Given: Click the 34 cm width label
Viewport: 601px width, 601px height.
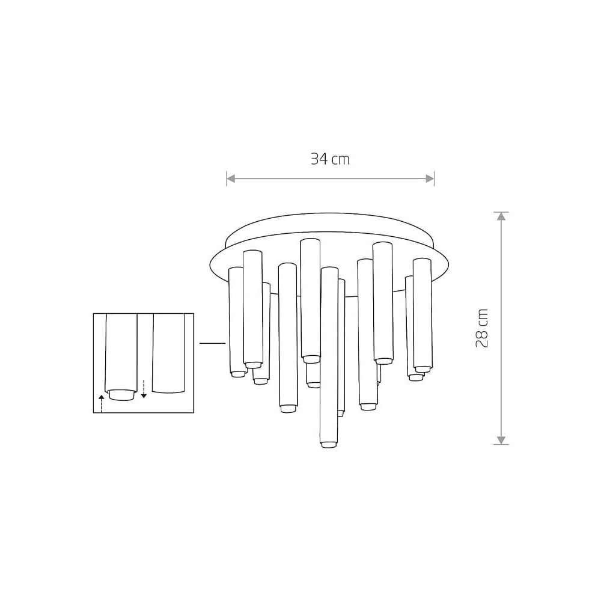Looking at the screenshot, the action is coord(330,159).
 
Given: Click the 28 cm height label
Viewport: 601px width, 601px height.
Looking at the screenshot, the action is coord(482,328).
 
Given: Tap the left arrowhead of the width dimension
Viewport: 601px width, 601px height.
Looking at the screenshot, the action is coord(231,178).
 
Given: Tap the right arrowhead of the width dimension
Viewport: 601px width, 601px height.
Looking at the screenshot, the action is coord(430,178).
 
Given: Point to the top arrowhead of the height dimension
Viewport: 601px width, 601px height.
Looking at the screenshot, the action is coord(501,216).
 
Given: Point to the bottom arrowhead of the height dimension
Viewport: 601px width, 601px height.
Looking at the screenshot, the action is coord(501,440).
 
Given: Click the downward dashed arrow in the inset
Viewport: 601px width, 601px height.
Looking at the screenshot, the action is coord(144,389).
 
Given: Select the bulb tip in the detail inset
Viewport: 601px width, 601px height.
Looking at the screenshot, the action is coord(121,395).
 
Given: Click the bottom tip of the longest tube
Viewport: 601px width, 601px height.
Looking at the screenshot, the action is coord(329,445).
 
